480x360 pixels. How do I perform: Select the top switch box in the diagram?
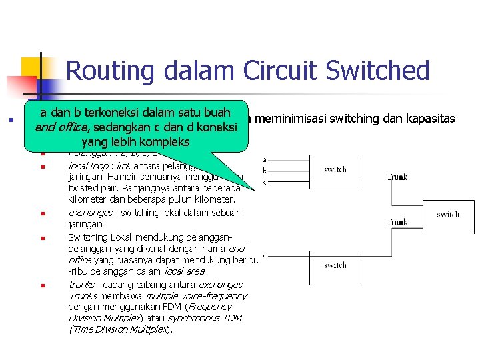335,169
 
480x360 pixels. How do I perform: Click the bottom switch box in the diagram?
335,265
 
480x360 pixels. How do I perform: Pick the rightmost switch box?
448,215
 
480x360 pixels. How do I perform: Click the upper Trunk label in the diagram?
397,177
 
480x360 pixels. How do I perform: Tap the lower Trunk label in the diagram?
397,221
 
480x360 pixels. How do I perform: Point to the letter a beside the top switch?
265,159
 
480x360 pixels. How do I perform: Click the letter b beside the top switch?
265,171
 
